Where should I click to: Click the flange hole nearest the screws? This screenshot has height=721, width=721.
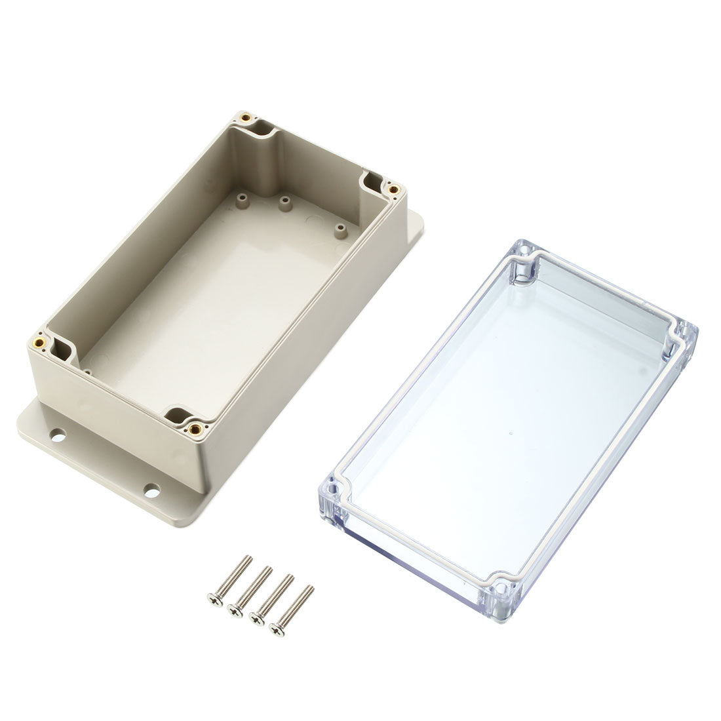(x=152, y=488)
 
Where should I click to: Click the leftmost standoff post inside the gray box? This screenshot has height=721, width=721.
(x=241, y=196)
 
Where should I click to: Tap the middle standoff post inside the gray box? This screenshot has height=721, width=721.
(x=284, y=203)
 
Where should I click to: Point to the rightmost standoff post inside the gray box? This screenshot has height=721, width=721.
(x=340, y=230)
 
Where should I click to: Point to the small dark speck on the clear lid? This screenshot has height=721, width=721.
(x=510, y=434)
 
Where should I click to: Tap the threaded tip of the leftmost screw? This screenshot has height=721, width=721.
(x=249, y=558)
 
